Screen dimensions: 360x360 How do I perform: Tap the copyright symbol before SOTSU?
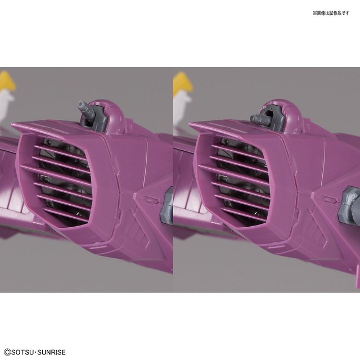(x=7, y=352)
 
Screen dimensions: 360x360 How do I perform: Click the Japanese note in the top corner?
(x=331, y=13)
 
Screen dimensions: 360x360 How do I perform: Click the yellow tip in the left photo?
(x=7, y=80)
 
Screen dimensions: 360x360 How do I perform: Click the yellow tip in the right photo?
(x=183, y=81)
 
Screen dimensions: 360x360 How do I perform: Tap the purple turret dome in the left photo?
(x=112, y=115)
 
